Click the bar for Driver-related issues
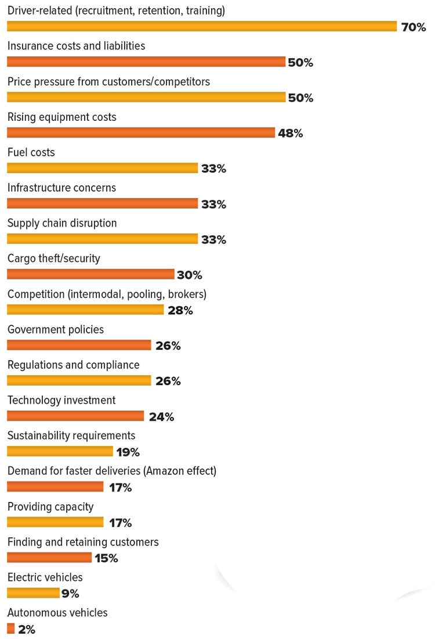click(x=201, y=26)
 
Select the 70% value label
click(x=414, y=27)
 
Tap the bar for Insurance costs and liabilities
click(x=146, y=62)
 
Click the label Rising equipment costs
click(x=61, y=117)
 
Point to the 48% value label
click(x=290, y=133)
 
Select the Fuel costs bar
click(x=102, y=168)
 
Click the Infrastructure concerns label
click(x=61, y=188)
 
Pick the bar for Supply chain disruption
click(x=102, y=239)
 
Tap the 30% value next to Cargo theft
click(x=189, y=275)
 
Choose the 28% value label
click(x=180, y=310)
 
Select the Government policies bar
click(x=79, y=345)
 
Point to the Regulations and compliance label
click(x=73, y=365)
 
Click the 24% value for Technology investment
click(x=161, y=417)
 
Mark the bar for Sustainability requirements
click(x=60, y=451)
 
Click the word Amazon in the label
click(x=159, y=471)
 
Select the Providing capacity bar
click(x=55, y=522)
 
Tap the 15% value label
click(x=106, y=558)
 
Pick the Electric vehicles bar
click(x=33, y=593)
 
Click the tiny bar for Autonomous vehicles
click(x=10, y=629)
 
